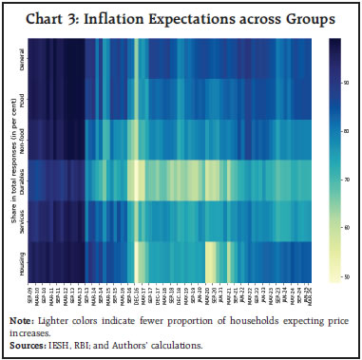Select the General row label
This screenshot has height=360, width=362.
(x=21, y=60)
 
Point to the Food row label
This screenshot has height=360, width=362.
(x=21, y=98)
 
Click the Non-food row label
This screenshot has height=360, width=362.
(x=21, y=138)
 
